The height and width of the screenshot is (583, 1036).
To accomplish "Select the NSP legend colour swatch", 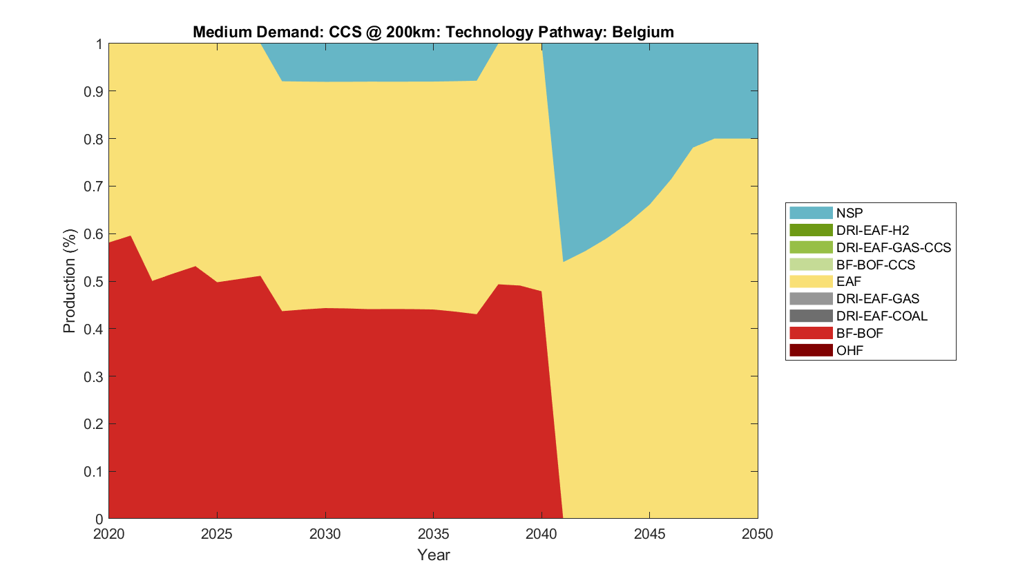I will tap(811, 213).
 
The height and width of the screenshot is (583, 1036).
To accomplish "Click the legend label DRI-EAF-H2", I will tap(872, 230).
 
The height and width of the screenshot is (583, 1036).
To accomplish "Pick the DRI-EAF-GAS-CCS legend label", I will tap(893, 247).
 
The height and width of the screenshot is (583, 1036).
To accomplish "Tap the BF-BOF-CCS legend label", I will tap(875, 265).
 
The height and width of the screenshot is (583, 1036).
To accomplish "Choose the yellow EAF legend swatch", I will tap(811, 281).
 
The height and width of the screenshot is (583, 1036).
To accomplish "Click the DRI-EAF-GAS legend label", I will tap(877, 298).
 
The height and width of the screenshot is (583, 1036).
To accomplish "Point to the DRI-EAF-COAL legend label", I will tap(881, 316).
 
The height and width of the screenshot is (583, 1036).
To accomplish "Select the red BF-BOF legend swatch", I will tap(811, 333).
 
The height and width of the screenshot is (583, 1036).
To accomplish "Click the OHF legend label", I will tap(850, 350).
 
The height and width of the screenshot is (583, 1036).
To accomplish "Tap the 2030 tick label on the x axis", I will tap(325, 534).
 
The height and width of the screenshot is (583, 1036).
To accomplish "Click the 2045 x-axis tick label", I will tap(650, 534).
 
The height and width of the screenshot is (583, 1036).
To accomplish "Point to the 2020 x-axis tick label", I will tap(109, 534).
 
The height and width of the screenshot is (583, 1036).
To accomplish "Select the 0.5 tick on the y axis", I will tap(94, 282).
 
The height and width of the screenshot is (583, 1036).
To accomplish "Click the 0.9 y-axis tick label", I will tap(94, 91).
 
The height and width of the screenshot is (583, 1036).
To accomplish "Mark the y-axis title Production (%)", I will tap(70, 281).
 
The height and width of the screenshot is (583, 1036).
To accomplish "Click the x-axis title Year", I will tap(434, 555).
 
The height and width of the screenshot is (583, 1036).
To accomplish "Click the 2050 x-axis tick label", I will tap(758, 534).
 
